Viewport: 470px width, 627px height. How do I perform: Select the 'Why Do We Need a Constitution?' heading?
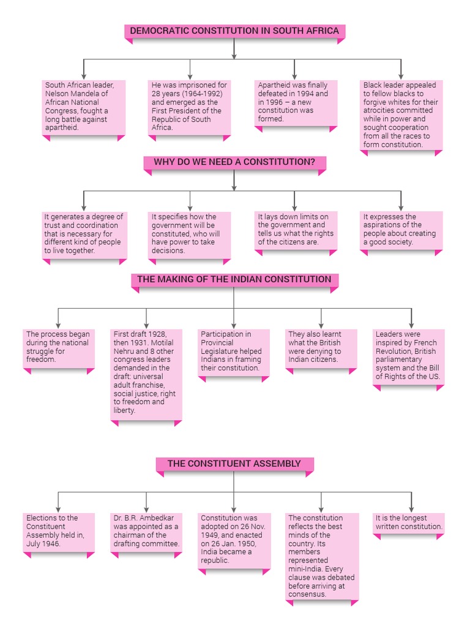tap(234, 162)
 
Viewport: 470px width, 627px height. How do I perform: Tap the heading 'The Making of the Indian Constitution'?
tap(234, 280)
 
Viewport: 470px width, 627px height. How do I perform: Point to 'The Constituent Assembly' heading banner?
tap(234, 464)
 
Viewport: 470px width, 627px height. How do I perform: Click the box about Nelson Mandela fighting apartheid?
tap(83, 107)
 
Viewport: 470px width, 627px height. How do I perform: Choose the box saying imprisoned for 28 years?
tap(190, 107)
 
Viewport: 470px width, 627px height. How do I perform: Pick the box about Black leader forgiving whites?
tap(401, 115)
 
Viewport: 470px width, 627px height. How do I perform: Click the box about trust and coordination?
tap(83, 234)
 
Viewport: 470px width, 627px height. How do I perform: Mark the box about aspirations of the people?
tap(401, 230)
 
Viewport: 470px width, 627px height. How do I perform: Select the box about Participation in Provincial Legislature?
tap(234, 352)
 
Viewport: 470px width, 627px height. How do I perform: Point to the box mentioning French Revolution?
tap(409, 356)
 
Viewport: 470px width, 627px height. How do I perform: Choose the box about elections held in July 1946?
tap(59, 531)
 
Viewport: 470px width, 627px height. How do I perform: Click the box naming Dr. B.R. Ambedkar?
tap(146, 531)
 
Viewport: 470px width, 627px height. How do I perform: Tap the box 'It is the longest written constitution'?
tap(409, 523)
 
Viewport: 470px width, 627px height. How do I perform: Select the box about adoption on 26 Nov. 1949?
tap(234, 539)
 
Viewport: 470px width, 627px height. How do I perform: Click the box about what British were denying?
tap(321, 348)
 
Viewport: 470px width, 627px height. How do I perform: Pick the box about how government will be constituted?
tap(190, 234)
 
